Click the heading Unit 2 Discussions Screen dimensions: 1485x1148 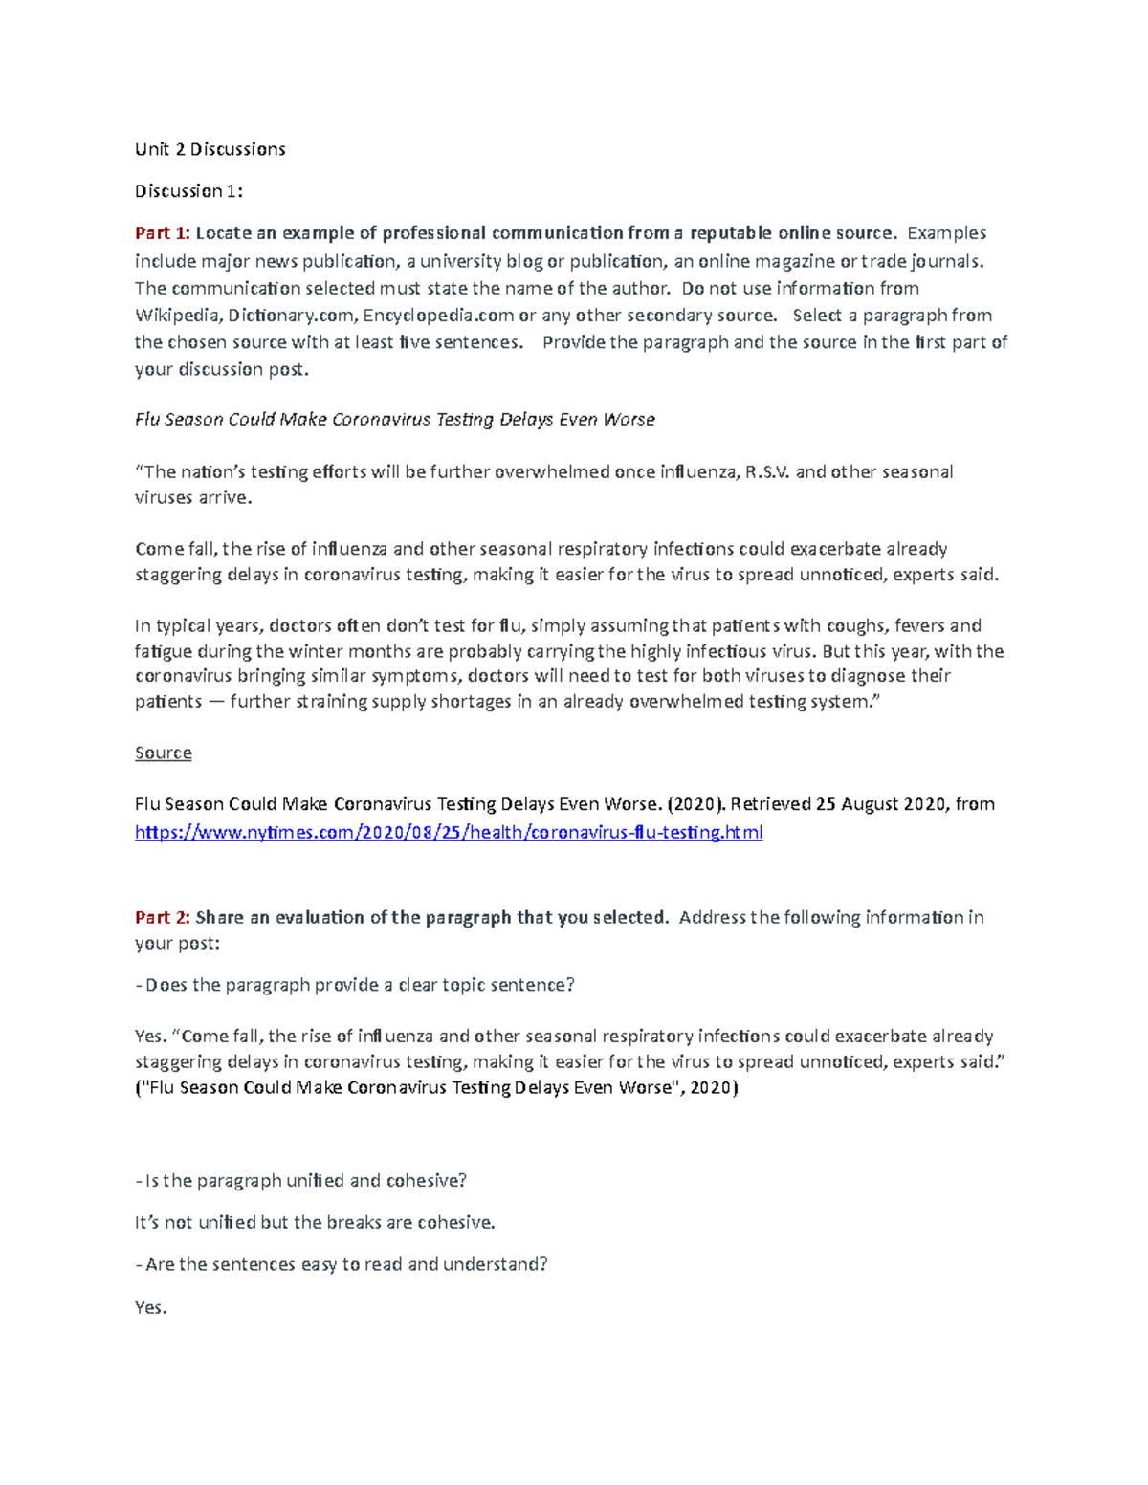[210, 149]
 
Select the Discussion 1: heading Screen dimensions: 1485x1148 [188, 191]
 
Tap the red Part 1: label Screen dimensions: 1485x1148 [162, 233]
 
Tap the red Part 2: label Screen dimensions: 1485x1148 [162, 918]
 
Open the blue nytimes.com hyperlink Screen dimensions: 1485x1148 [448, 832]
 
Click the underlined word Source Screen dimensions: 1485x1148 [163, 753]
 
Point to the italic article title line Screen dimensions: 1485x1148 [394, 420]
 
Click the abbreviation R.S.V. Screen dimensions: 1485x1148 [767, 472]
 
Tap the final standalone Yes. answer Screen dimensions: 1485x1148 [150, 1308]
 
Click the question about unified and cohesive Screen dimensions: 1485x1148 [300, 1181]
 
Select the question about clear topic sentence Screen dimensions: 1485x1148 [355, 985]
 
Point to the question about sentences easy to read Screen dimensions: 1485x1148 [342, 1264]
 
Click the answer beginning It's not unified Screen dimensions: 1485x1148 [315, 1223]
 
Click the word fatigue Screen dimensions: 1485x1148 [164, 652]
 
